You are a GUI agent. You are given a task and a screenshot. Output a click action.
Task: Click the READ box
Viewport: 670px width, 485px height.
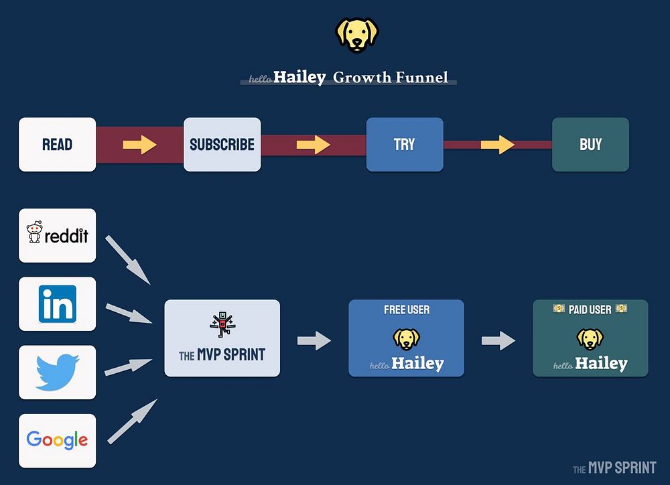57,144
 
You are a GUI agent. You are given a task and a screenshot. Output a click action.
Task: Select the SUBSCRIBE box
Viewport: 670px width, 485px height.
222,144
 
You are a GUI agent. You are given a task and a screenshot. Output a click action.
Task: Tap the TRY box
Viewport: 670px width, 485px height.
404,144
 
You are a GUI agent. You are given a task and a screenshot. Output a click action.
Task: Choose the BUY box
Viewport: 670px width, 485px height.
590,144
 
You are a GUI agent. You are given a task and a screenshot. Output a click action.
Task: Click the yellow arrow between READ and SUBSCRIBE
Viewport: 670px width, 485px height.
139,145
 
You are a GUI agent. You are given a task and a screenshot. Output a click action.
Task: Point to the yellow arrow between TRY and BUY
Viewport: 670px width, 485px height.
497,145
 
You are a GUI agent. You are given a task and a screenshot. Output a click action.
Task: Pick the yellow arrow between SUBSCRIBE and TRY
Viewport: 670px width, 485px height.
314,145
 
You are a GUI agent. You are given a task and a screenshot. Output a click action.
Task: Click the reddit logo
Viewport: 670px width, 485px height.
58,235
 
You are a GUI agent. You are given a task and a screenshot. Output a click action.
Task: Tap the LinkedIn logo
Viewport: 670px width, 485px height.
57,303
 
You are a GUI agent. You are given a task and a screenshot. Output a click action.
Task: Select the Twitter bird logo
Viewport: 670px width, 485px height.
58,372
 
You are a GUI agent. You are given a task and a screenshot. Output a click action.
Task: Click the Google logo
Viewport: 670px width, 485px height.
57,440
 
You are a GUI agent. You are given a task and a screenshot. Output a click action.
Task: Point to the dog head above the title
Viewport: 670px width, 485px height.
357,35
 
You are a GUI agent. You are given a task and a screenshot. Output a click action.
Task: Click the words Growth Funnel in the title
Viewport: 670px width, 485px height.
391,78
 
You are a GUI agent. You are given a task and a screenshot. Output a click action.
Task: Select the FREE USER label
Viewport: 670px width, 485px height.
407,309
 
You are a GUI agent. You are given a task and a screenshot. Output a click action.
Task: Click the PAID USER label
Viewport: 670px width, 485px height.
590,309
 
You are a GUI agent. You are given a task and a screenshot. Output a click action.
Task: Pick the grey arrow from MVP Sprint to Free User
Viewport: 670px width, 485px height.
314,341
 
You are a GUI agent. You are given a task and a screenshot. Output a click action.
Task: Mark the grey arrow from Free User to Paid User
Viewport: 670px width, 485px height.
498,341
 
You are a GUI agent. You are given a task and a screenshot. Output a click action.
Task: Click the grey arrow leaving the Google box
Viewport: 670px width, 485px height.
132,422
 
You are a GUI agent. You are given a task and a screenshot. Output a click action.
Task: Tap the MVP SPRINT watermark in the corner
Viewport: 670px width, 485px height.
614,468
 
